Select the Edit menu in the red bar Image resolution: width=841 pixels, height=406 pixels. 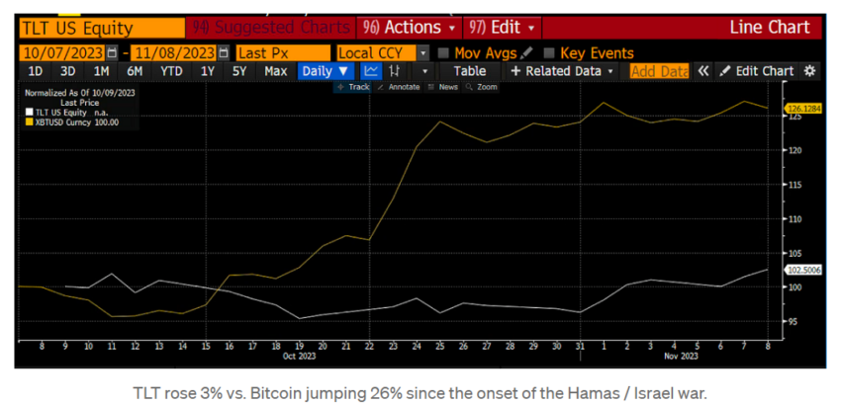click(x=506, y=27)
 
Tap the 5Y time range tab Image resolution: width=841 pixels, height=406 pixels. click(x=238, y=71)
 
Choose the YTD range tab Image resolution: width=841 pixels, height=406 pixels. click(x=170, y=71)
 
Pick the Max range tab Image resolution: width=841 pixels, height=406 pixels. click(x=275, y=71)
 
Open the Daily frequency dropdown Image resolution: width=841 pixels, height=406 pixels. click(x=326, y=71)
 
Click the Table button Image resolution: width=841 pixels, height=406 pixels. click(x=469, y=71)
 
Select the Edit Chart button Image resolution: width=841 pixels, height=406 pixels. click(x=757, y=71)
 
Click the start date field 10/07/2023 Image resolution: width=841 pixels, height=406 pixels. click(x=61, y=53)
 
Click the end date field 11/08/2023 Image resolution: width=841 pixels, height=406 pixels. click(x=175, y=53)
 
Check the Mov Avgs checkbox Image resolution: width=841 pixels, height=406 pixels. click(x=442, y=53)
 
